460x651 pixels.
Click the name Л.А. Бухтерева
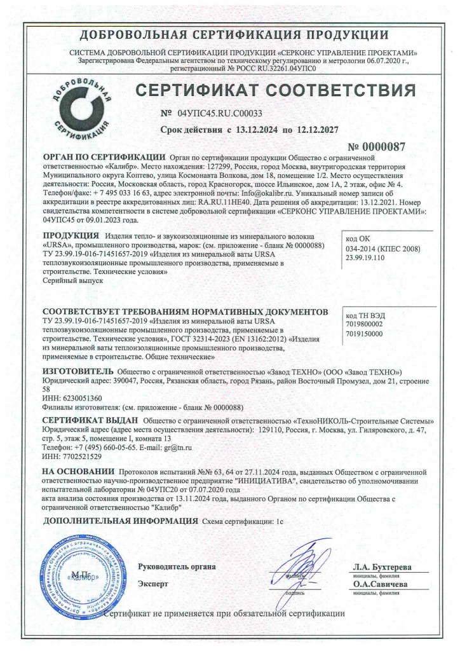[x=382, y=566]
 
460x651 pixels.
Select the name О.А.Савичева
[x=381, y=584]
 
